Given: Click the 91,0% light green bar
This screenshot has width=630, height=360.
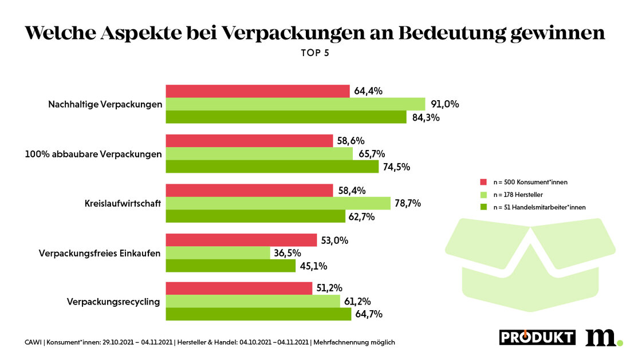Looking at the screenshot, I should (x=296, y=104).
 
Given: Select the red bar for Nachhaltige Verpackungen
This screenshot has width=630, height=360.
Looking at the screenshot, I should (x=258, y=91).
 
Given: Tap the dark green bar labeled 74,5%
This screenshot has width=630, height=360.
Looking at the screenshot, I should (x=272, y=167).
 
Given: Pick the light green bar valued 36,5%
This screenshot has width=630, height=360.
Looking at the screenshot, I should (x=218, y=253).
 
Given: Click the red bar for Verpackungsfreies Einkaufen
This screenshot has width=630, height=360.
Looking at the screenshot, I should (x=241, y=240).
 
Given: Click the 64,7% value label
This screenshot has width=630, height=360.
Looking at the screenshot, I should (x=369, y=314).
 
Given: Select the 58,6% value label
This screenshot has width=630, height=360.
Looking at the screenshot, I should (x=351, y=141).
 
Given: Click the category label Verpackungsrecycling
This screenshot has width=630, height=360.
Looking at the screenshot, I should (x=113, y=302).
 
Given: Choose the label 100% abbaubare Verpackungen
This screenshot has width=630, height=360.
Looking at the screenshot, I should (x=94, y=154).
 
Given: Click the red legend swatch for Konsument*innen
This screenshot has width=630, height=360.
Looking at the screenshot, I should (x=483, y=182).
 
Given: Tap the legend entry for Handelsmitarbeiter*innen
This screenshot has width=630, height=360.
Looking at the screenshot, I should (x=539, y=207).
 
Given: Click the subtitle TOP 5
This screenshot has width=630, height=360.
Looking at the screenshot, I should (x=315, y=53).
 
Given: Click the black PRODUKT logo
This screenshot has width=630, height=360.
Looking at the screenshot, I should (x=537, y=337).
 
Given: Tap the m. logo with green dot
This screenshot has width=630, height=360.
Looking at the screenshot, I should (x=603, y=337).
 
